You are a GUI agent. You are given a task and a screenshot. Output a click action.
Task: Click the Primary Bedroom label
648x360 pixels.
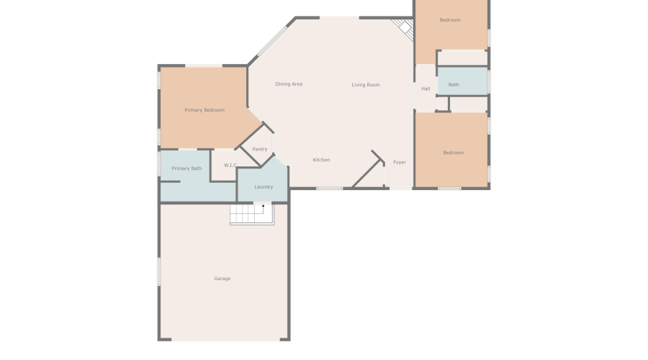click(x=204, y=110)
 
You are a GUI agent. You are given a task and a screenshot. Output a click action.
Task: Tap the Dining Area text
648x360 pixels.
click(x=289, y=84)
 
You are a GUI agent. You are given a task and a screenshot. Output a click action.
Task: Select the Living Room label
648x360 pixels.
click(x=366, y=85)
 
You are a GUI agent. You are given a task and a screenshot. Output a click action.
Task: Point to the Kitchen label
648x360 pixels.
click(x=321, y=160)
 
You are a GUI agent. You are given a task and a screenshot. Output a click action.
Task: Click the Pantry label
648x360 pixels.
click(x=260, y=150)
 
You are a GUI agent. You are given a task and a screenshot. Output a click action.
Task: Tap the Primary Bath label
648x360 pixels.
click(x=186, y=168)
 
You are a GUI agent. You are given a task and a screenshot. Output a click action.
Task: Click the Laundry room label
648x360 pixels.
click(x=264, y=187)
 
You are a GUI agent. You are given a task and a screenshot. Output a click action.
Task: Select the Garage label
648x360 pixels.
click(x=222, y=279)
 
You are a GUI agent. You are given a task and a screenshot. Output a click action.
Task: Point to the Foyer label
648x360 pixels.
click(x=400, y=163)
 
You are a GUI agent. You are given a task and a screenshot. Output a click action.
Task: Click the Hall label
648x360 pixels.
click(x=426, y=89)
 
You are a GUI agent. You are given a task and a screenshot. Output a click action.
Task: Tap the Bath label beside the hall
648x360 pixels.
click(x=454, y=85)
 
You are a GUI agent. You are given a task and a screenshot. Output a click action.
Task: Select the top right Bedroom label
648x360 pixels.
click(x=450, y=20)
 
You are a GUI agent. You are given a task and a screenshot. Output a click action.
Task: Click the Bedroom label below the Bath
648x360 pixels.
click(x=454, y=153)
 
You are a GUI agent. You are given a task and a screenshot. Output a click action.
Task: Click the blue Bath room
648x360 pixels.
click(x=463, y=81)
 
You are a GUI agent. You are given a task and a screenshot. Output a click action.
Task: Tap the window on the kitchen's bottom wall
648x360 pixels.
click(x=330, y=189)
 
